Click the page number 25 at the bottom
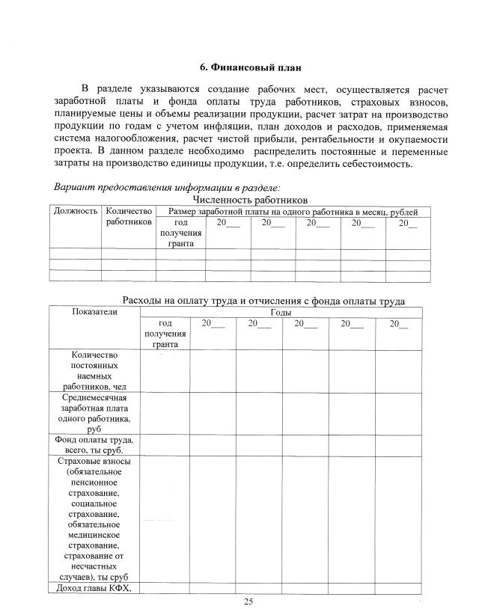248,602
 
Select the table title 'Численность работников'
251,201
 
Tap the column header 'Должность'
76,212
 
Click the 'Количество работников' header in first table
129,217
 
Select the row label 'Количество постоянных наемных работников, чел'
94,370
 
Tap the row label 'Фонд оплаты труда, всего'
94,445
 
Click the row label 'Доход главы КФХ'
94,588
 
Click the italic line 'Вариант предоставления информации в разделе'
172,188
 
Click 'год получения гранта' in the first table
180,233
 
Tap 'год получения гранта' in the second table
165,334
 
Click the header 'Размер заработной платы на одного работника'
293,212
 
